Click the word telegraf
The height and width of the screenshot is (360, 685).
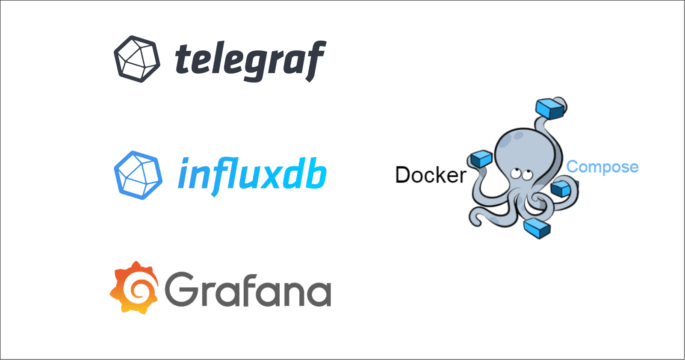[250, 60]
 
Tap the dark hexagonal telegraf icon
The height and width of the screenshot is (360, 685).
[137, 59]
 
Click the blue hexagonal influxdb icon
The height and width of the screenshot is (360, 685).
[138, 174]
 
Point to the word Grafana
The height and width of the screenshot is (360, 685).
[248, 289]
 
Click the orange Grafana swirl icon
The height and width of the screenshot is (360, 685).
[134, 288]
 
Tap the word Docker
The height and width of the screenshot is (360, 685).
[430, 175]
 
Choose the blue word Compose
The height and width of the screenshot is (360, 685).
[602, 167]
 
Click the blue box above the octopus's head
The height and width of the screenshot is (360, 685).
[551, 108]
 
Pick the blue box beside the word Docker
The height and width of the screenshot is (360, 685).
[481, 158]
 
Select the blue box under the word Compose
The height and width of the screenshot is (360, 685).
[562, 188]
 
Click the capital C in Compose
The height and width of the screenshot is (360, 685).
[573, 167]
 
